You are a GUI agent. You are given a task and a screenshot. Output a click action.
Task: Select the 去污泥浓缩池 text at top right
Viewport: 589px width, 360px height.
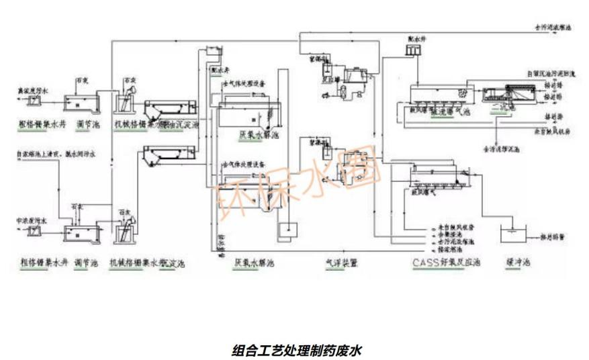553,29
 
